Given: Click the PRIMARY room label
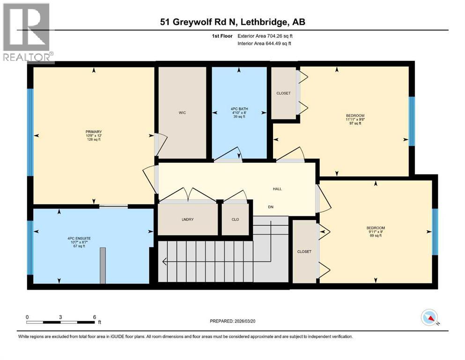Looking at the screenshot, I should (94, 132).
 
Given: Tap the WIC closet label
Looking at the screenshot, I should (183, 112).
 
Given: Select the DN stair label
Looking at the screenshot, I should (271, 207).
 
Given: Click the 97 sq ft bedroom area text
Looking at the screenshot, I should (355, 124).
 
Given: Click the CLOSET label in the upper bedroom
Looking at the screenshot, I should (283, 93).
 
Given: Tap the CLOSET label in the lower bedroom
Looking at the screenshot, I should (304, 252).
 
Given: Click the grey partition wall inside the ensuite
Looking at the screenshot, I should (103, 265).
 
